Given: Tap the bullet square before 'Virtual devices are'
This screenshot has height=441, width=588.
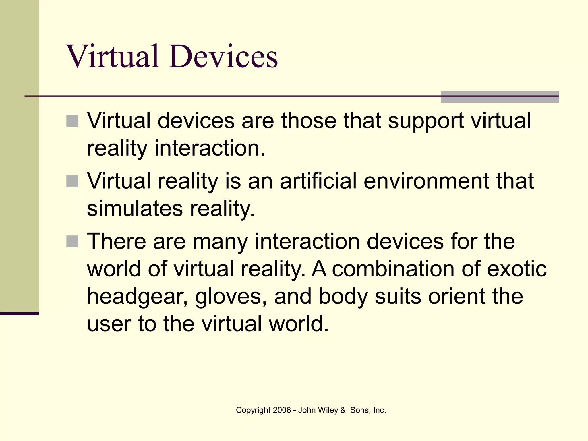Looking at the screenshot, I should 72,121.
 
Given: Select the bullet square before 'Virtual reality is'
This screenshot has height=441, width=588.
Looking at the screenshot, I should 72,181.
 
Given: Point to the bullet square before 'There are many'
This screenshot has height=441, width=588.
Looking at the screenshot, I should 72,241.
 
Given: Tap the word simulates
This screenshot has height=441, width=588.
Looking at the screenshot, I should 135,209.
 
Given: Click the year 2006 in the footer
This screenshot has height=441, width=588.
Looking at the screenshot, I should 282,410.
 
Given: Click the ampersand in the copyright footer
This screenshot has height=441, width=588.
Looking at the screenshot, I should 343,410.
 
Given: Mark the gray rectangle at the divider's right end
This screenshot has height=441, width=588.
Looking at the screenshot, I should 500,97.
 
